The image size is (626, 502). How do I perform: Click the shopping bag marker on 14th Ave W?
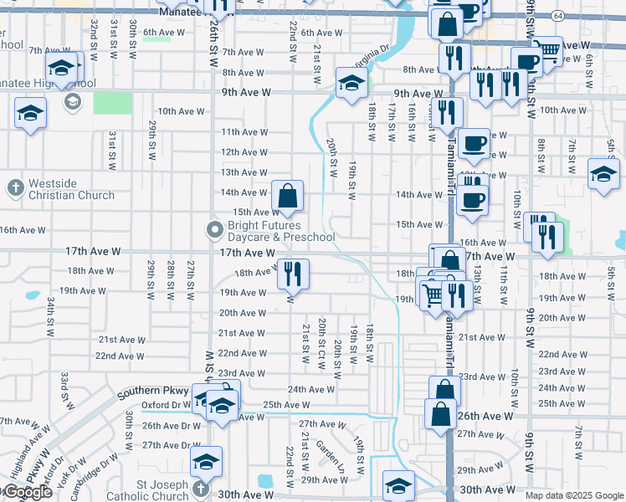click(x=287, y=197)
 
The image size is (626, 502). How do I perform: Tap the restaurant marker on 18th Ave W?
click(x=293, y=274)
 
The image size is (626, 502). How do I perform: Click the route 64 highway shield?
click(x=557, y=16)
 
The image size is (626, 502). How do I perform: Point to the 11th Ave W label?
click(x=244, y=132)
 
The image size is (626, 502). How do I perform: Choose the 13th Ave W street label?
click(x=244, y=172)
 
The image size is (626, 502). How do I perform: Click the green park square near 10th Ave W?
click(x=112, y=103)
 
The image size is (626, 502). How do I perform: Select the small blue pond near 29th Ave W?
click(x=266, y=480)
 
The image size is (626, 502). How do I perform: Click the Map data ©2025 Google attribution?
click(x=574, y=495)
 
